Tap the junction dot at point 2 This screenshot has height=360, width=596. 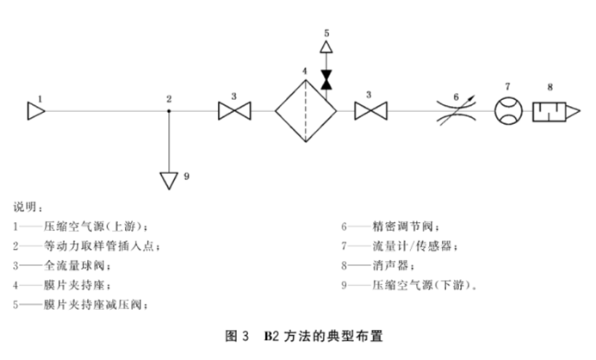pyautogui.click(x=170, y=111)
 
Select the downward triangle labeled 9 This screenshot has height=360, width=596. pyautogui.click(x=170, y=179)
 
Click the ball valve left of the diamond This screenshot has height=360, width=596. pyautogui.click(x=233, y=111)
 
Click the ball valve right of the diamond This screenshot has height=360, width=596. pyautogui.click(x=371, y=111)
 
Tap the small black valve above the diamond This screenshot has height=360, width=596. pyautogui.click(x=326, y=80)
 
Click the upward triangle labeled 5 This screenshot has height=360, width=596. pyautogui.click(x=326, y=47)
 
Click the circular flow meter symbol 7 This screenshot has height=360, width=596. pyautogui.click(x=507, y=111)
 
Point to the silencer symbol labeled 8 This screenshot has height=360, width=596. pyautogui.click(x=556, y=111)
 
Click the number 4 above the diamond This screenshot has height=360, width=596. pyautogui.click(x=304, y=69)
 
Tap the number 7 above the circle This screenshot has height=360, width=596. pyautogui.click(x=507, y=85)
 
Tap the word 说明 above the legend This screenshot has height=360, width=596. pyautogui.click(x=27, y=208)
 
